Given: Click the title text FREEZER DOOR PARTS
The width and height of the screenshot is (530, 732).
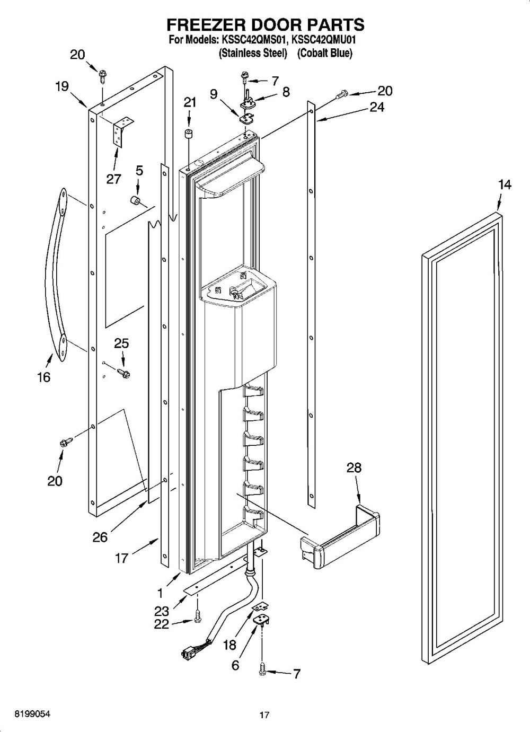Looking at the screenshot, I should [x=266, y=24].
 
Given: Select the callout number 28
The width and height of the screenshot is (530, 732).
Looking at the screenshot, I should [x=354, y=468].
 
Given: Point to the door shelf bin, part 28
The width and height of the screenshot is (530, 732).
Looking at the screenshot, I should [x=339, y=535].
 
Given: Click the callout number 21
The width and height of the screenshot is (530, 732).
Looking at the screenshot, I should [x=190, y=102].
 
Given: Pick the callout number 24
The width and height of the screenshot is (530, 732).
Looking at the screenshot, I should [x=377, y=107].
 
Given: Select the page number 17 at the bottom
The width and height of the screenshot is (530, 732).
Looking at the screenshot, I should [x=264, y=715].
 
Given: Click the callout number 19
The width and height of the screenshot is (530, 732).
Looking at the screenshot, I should [x=62, y=86].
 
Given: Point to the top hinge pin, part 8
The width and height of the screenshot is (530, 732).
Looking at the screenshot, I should [x=248, y=96].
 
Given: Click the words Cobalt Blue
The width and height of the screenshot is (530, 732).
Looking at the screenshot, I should [x=324, y=53].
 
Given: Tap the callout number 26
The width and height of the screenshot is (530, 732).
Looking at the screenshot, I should [x=100, y=537].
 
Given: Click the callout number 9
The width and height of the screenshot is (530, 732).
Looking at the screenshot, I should [x=214, y=94].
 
